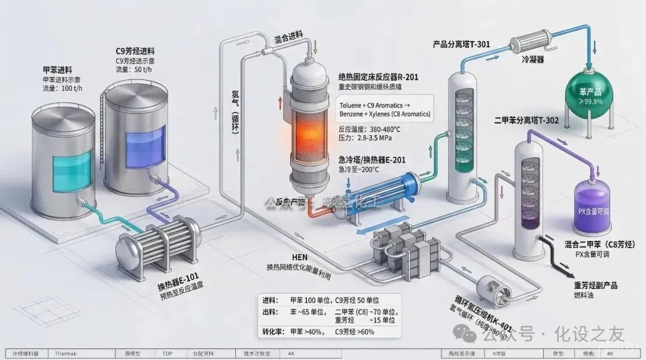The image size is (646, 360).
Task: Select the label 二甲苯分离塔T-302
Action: pyautogui.click(x=527, y=120)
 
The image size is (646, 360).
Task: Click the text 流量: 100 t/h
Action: pyautogui.click(x=65, y=89)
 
